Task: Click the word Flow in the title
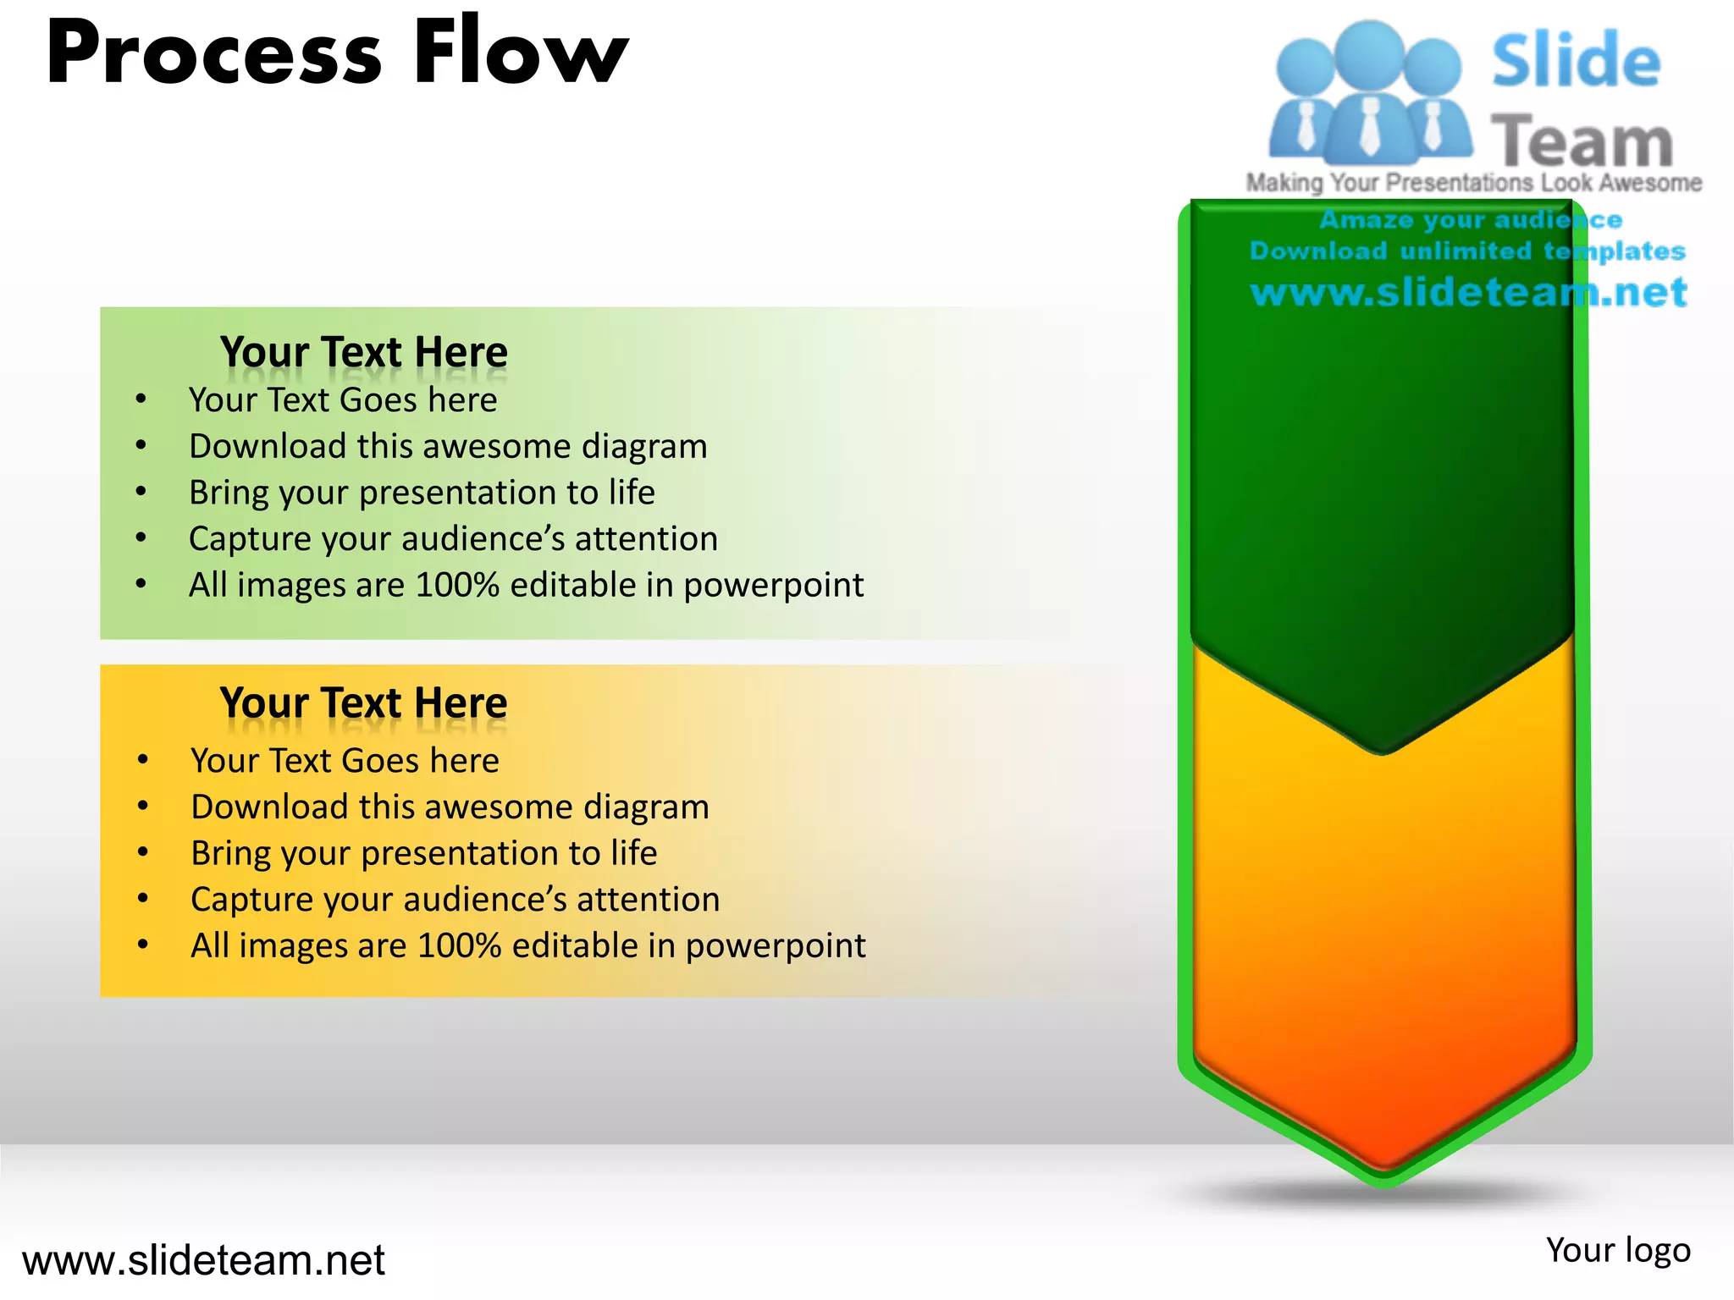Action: (x=520, y=52)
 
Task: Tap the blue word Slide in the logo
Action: (x=1576, y=61)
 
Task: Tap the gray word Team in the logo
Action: (x=1582, y=141)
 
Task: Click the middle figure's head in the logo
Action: (x=1369, y=52)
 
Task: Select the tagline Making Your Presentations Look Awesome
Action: (x=1473, y=183)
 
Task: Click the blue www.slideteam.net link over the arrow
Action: (x=1468, y=292)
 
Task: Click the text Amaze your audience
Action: (x=1471, y=220)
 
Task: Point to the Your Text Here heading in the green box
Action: (x=363, y=351)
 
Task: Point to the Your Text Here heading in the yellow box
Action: (x=363, y=702)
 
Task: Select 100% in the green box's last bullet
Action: (x=457, y=585)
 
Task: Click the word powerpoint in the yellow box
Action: (x=775, y=946)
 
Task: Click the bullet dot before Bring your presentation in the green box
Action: (x=141, y=492)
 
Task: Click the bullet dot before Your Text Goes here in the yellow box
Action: (x=143, y=760)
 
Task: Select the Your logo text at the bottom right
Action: (x=1617, y=1250)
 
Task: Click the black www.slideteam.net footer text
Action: (x=203, y=1260)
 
